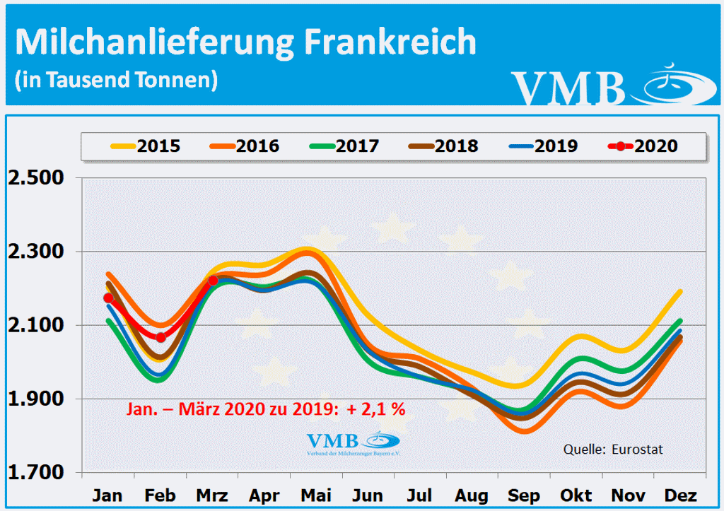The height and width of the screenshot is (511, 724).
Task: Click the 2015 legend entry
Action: [146, 147]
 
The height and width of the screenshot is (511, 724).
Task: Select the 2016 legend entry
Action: [245, 147]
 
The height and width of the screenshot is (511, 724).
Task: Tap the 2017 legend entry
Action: [344, 147]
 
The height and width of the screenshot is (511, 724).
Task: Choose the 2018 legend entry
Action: [443, 147]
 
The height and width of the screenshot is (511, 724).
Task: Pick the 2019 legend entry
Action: [543, 147]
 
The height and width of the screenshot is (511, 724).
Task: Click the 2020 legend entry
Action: [643, 147]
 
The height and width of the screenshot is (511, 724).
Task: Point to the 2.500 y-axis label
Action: [35, 177]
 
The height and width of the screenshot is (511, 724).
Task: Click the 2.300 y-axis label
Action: [35, 252]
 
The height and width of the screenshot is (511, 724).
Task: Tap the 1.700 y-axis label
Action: [35, 473]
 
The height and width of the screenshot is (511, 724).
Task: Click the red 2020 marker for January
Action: [108, 298]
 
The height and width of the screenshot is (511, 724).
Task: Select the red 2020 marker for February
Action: [160, 337]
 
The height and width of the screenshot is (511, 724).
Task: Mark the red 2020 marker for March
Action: [213, 281]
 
